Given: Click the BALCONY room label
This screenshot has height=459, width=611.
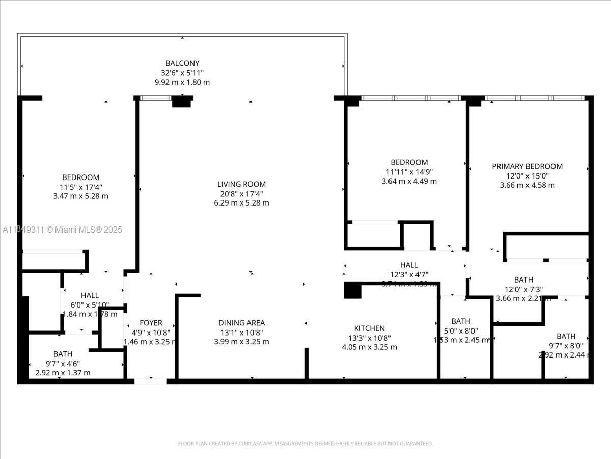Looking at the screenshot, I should [182, 63].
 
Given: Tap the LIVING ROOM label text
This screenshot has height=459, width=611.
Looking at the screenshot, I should [241, 184].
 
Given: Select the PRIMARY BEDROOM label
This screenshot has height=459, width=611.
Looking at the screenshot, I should [527, 166].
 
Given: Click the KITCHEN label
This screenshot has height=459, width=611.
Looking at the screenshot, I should [369, 328].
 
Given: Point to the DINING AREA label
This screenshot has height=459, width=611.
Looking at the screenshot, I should [241, 323].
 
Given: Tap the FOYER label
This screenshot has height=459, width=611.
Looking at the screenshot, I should [151, 323].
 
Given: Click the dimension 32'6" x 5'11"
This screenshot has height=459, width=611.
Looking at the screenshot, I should [182, 73].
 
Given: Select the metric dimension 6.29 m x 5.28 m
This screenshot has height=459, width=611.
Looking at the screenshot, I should [241, 203].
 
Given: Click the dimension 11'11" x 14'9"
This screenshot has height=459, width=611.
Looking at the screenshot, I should [409, 172].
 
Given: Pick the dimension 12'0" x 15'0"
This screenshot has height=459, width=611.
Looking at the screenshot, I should [527, 176].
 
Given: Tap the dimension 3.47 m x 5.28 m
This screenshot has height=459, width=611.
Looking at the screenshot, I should [80, 196].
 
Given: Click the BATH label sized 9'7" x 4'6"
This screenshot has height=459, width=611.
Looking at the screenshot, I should [63, 354].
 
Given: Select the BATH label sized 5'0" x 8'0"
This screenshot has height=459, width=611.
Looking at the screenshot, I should [461, 321].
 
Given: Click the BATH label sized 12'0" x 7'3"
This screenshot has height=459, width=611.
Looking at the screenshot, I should [523, 279].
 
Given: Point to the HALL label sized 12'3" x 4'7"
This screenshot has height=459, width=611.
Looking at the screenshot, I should [409, 265].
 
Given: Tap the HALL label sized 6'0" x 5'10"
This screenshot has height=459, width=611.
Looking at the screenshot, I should [90, 295].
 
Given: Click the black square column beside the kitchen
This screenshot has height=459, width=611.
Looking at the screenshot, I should [352, 290].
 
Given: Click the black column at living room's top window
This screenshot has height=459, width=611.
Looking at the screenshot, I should [181, 101].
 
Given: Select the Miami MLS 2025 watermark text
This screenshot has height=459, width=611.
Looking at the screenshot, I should [62, 230].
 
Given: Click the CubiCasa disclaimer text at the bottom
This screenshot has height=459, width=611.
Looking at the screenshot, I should [305, 443].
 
